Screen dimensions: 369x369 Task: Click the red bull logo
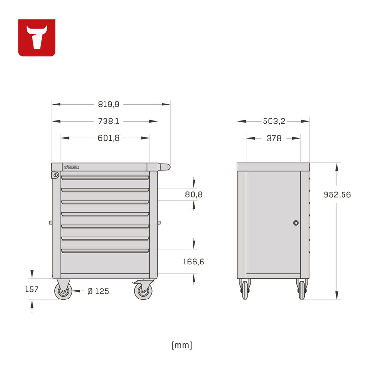tap(37, 38)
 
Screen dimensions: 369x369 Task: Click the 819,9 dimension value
tap(109, 104)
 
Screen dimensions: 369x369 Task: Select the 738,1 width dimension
tap(109, 121)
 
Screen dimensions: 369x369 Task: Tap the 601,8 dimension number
tap(109, 138)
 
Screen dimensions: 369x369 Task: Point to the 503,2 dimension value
tap(274, 121)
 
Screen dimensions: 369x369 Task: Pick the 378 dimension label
tap(274, 138)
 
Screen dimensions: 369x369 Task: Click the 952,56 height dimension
tap(337, 194)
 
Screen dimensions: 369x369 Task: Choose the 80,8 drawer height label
tap(193, 194)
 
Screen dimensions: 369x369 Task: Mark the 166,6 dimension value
tap(193, 262)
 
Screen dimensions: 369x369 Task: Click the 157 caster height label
tap(32, 289)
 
